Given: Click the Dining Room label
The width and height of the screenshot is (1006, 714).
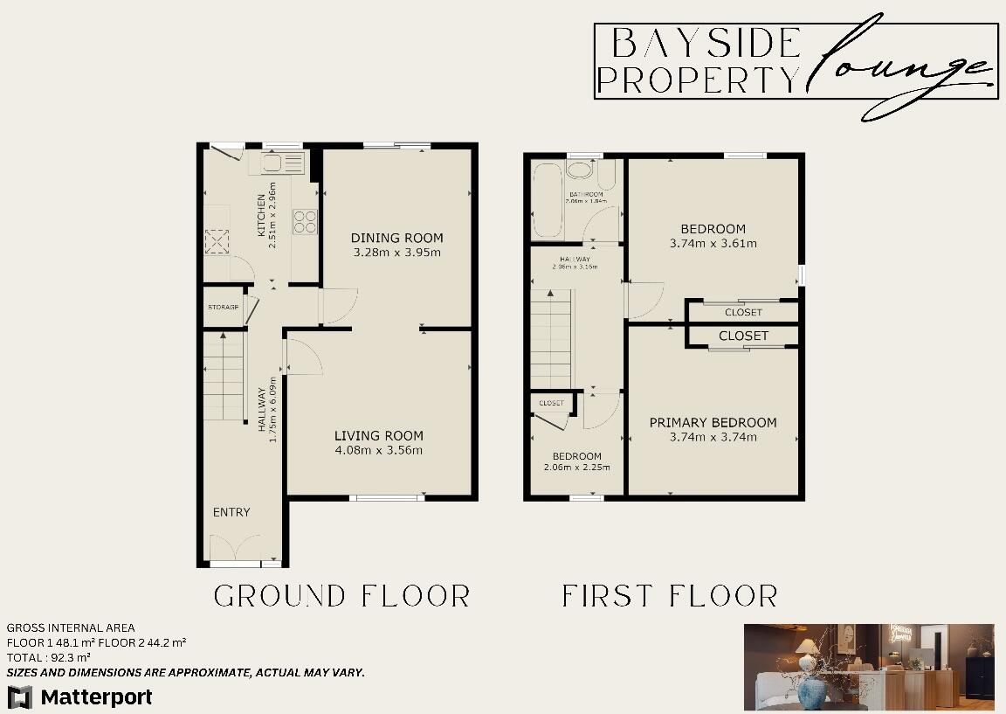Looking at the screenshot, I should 397,238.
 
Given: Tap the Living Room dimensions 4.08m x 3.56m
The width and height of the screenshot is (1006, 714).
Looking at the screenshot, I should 379,451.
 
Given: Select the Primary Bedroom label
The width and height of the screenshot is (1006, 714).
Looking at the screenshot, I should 713,423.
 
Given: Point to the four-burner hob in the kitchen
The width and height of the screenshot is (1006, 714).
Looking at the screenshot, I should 305,222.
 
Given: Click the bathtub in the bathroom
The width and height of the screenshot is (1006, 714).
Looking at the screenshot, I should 548,200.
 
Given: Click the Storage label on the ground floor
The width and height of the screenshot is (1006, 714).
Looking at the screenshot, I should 223,308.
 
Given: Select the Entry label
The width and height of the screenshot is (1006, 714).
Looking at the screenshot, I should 231,512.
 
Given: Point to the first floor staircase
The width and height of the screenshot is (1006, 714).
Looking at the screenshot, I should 550,336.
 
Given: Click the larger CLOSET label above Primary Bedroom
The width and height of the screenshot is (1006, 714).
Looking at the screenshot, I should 743,336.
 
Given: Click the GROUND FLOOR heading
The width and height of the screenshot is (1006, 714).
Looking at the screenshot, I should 342,596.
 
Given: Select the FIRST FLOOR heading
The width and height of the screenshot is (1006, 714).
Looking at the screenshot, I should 670,596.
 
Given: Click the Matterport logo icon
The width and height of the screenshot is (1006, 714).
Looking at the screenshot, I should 21,697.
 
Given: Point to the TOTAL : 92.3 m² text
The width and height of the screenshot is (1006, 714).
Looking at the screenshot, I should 49,656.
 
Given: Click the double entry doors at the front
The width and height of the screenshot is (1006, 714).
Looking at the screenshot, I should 235,551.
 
